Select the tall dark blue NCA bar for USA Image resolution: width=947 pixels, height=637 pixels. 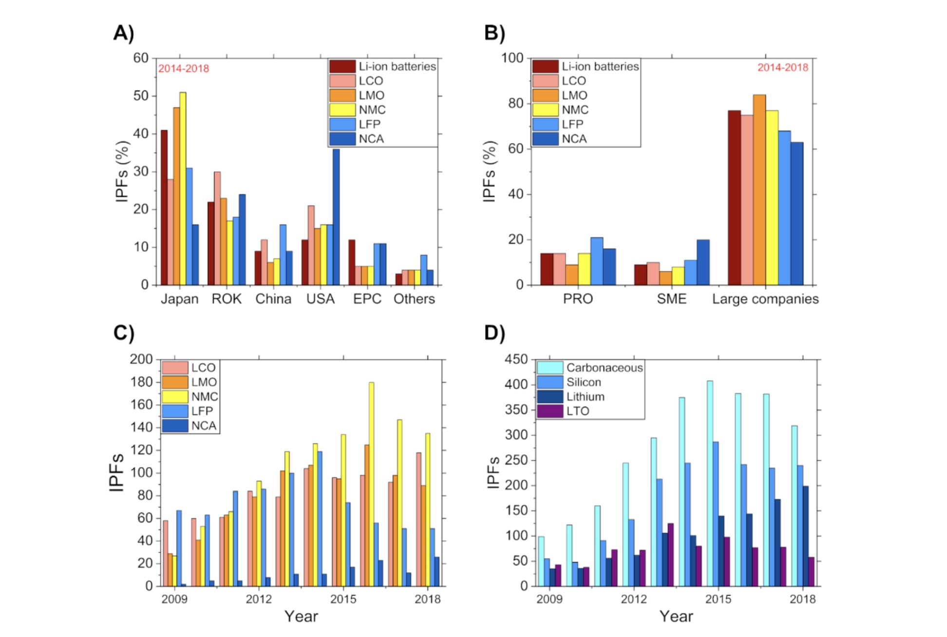pos(336,217)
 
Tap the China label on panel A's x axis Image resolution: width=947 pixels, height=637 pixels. pos(273,299)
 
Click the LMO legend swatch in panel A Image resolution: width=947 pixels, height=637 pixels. pos(342,95)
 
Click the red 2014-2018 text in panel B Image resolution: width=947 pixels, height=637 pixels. pos(782,68)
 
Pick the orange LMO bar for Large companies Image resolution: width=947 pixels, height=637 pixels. pos(759,190)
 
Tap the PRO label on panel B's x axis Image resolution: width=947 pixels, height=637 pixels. pos(578,299)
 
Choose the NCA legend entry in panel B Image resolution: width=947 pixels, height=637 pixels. pos(574,139)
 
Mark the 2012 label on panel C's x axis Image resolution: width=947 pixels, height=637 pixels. pos(259,599)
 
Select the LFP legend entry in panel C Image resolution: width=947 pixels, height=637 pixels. pos(202,411)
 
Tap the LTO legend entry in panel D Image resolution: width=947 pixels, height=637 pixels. pos(577,411)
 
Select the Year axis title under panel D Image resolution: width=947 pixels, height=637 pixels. pos(676,617)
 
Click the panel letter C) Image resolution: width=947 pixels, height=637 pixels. pos(124,333)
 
